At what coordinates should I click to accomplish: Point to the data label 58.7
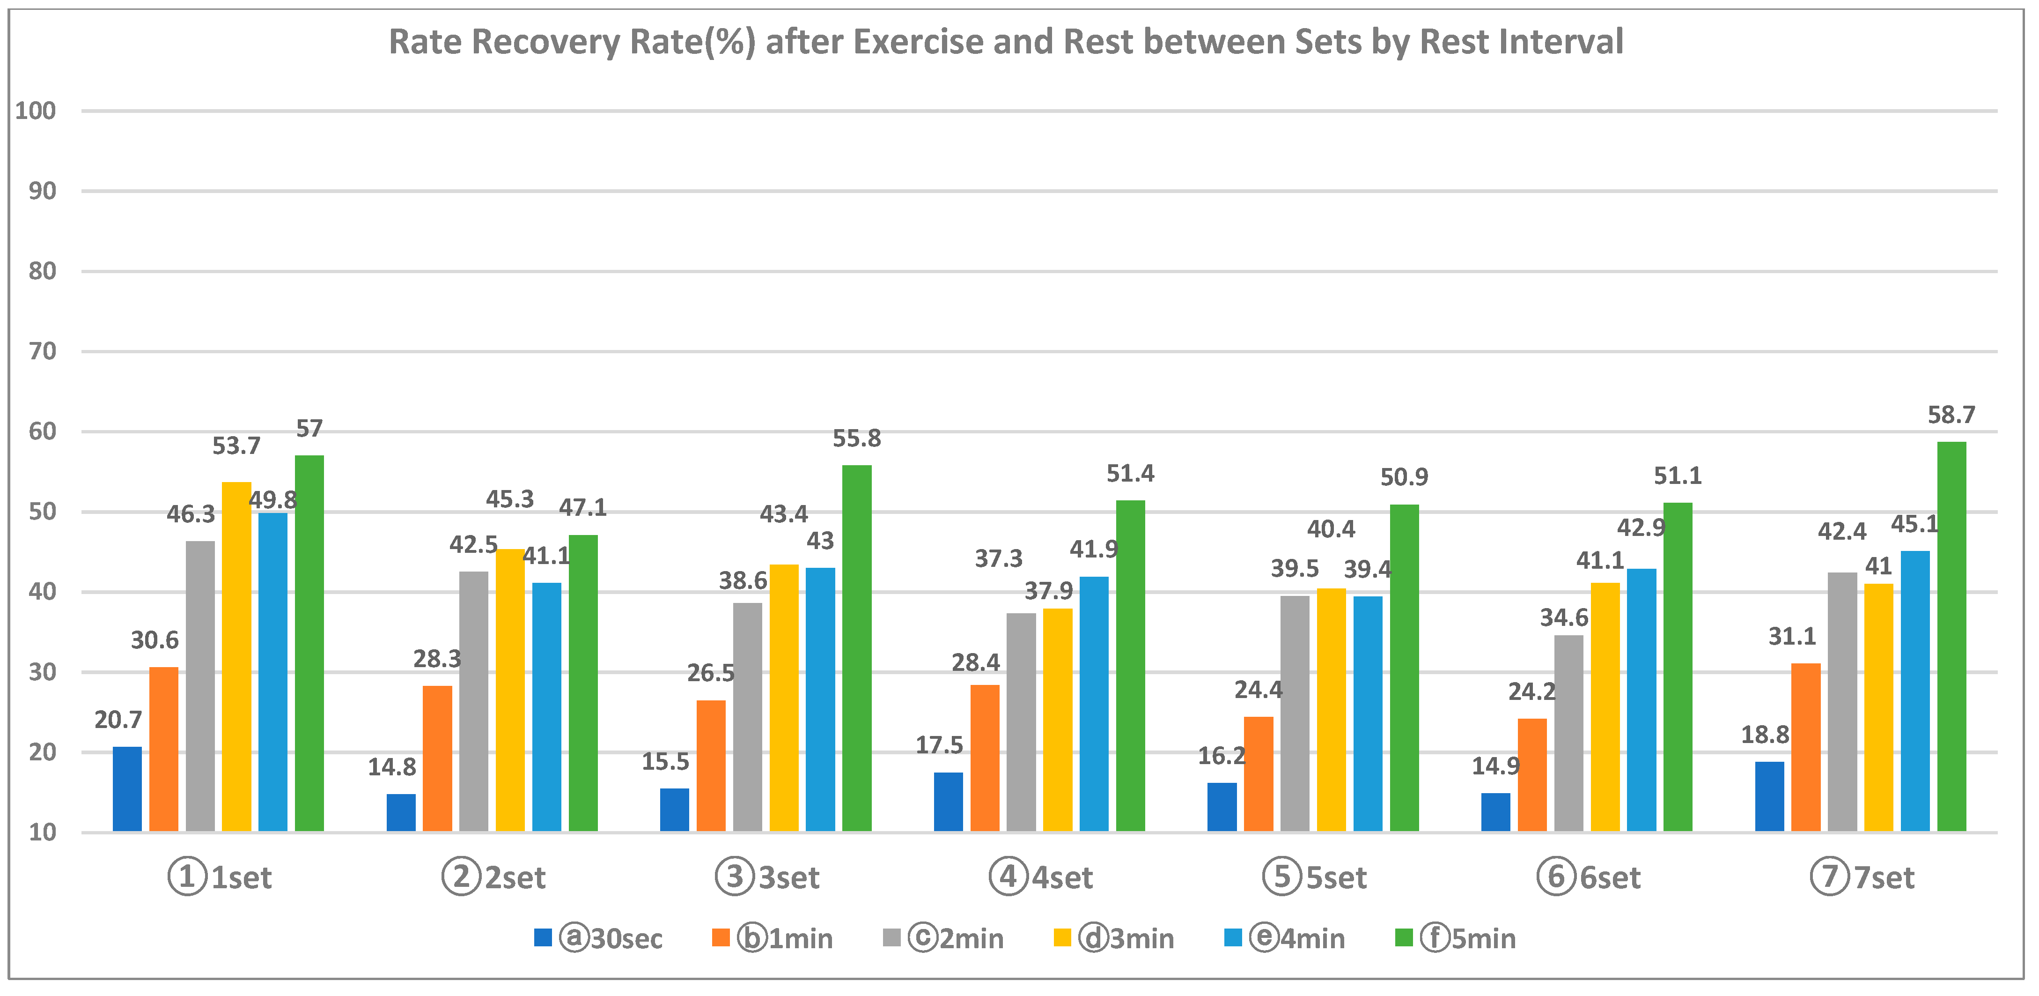(1951, 415)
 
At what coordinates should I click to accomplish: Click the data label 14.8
(392, 767)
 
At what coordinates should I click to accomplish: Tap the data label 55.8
(856, 439)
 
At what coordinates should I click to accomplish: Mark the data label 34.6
(1564, 617)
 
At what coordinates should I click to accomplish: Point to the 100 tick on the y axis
(36, 111)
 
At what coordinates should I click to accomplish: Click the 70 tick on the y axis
(42, 351)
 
